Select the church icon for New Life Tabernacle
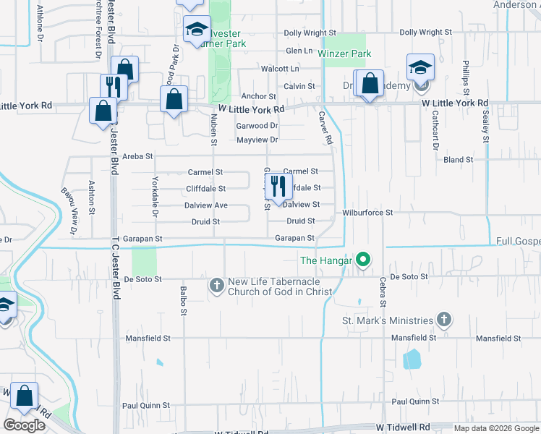216,285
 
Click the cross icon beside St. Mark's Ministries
444,319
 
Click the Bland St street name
458,159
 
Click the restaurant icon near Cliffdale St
278,187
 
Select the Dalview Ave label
205,205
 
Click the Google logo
24,425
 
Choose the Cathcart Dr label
436,126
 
